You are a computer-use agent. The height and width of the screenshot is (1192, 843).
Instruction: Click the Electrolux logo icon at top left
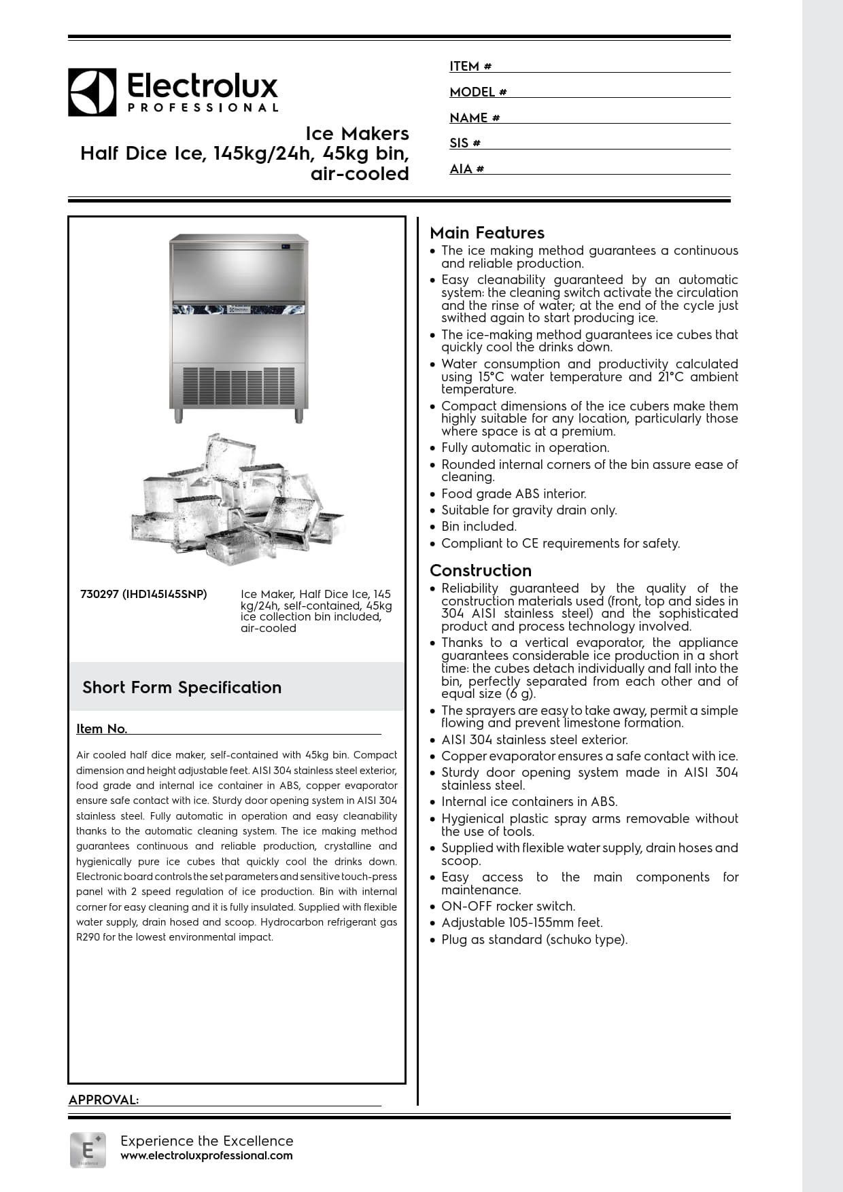pos(92,92)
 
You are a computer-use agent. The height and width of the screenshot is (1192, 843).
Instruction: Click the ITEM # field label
pos(470,67)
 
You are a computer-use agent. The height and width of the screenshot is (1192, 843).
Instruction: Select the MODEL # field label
pos(478,92)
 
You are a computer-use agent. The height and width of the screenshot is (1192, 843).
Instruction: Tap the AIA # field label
pos(466,169)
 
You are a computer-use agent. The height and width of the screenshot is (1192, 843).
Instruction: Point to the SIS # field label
pos(465,143)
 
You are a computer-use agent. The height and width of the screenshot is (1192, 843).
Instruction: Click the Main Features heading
pos(487,233)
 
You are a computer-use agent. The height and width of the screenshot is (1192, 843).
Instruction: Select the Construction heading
pos(481,571)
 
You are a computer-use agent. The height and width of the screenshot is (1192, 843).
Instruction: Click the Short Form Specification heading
pos(182,688)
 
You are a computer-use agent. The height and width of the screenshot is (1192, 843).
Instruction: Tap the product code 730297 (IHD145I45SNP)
pos(143,594)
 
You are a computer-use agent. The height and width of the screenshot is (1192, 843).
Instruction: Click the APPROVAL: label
pos(103,1100)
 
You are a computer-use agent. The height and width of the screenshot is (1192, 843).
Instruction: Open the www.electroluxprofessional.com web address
pos(207,1156)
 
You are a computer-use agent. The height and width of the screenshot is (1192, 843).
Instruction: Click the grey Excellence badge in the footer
pos(88,1151)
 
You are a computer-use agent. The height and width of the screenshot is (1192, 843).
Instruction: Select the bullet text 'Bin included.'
pos(479,527)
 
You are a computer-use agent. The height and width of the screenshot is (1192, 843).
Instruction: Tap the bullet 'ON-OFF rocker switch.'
pos(508,907)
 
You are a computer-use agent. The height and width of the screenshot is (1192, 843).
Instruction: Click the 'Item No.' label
pos(101,729)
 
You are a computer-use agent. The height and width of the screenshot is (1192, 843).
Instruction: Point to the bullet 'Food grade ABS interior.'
pos(513,494)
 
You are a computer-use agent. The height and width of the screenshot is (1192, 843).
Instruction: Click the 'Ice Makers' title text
pos(357,133)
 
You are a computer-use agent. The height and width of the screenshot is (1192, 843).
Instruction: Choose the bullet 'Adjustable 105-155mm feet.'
pos(521,923)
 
